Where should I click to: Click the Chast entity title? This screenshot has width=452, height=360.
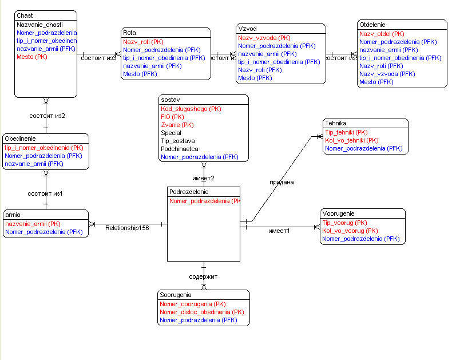(x=25, y=15)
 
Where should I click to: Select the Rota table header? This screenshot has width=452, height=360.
(x=129, y=33)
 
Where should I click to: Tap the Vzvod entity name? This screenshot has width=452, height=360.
(x=247, y=28)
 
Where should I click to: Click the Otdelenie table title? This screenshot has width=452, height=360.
(x=372, y=25)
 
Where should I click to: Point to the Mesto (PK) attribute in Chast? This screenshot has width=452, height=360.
(x=32, y=57)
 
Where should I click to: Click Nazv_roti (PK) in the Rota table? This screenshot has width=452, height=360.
(x=143, y=42)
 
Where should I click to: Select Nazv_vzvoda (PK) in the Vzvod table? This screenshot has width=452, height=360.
(x=264, y=38)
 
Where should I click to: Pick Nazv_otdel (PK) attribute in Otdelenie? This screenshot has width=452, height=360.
(x=382, y=34)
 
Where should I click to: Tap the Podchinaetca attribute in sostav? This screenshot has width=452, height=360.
(x=180, y=148)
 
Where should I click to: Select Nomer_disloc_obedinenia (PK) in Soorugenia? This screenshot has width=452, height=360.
(x=202, y=312)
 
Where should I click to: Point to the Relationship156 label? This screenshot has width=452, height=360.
(x=126, y=228)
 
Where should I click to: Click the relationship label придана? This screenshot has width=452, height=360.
(x=281, y=183)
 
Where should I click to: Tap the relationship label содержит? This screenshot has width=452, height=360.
(x=203, y=276)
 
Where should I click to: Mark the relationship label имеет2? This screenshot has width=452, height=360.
(x=203, y=178)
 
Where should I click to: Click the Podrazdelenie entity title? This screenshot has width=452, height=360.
(x=189, y=192)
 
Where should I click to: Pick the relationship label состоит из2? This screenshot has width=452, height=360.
(x=47, y=116)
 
